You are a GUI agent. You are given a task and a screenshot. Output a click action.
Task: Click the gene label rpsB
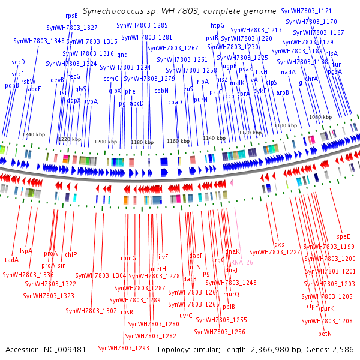pos(71,16)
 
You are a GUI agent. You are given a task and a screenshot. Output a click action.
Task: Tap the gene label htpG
pos(217,25)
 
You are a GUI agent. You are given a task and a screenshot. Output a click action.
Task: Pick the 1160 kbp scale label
pos(178,141)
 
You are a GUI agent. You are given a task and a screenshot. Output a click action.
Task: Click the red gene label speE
pos(343,236)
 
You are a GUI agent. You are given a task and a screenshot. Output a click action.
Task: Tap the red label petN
pos(325,333)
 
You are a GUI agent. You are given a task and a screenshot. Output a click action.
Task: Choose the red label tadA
pos(12,260)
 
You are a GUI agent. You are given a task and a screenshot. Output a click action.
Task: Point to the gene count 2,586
pos(342,349)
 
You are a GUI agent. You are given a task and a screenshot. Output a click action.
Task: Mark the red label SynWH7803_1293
pos(124,347)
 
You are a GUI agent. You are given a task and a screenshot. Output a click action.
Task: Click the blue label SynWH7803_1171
pos(326,11)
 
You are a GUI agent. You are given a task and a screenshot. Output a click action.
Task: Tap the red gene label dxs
pos(280,244)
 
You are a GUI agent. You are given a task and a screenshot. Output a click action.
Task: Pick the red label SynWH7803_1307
pos(91,311)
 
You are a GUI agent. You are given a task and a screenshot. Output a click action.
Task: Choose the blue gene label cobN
pos(161,91)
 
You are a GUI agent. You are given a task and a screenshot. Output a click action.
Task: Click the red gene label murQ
pos(232,294)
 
